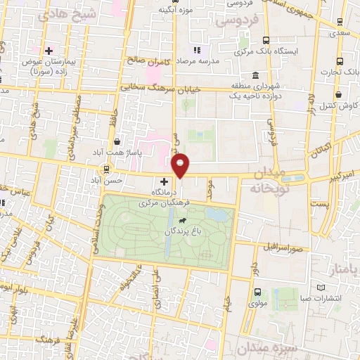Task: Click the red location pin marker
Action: pyautogui.click(x=181, y=165)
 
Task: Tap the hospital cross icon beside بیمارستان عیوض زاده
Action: pyautogui.click(x=49, y=51)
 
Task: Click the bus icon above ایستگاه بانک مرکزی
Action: pyautogui.click(x=265, y=40)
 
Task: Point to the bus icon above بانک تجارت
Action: pyautogui.click(x=340, y=61)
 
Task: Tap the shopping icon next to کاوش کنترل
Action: pyautogui.click(x=339, y=94)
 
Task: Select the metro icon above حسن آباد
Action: pyautogui.click(x=106, y=169)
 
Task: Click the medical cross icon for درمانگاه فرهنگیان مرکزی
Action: pyautogui.click(x=164, y=181)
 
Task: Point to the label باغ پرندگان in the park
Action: pyautogui.click(x=184, y=231)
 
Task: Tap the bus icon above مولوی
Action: pyautogui.click(x=257, y=292)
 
